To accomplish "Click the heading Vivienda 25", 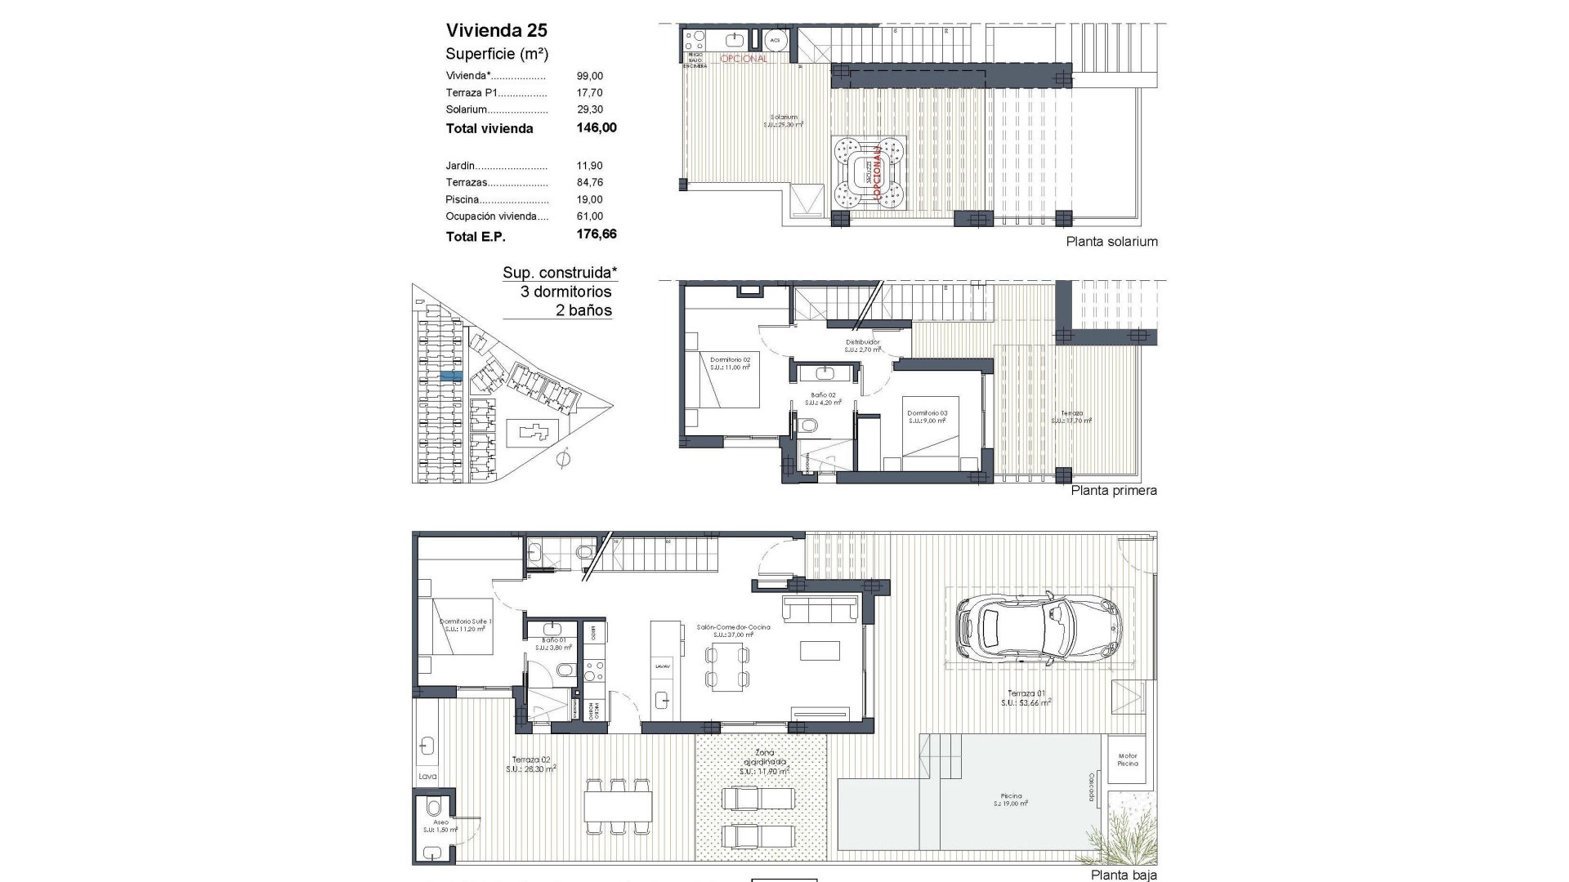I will (496, 31).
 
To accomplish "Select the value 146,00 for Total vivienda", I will (596, 128).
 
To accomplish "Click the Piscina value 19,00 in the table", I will (589, 199).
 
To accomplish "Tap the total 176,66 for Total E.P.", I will (596, 234).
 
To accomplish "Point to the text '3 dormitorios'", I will (565, 292).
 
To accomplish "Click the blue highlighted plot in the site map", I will (451, 376).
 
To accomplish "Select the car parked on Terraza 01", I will (1038, 628).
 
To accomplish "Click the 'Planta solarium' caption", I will (1111, 242).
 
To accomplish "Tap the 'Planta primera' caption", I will (1113, 491).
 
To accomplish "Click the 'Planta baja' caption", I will (1124, 875).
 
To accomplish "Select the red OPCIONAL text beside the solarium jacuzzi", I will (878, 173).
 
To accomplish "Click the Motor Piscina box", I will (1128, 759).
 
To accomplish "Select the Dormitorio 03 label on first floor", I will (927, 413).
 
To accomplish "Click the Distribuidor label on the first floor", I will (862, 342).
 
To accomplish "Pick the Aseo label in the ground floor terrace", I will (440, 822).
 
